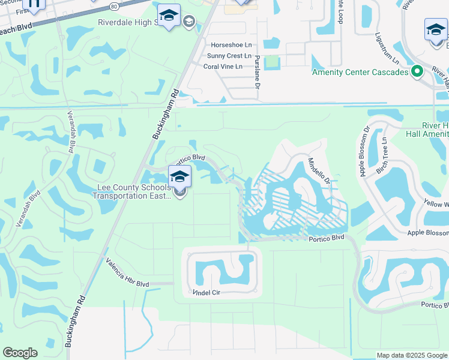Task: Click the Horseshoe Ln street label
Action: (231, 45)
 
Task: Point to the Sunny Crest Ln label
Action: (229, 56)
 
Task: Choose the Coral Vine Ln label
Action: (223, 67)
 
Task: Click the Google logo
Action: (20, 353)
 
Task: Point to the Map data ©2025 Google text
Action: (411, 355)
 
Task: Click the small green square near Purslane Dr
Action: (272, 62)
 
